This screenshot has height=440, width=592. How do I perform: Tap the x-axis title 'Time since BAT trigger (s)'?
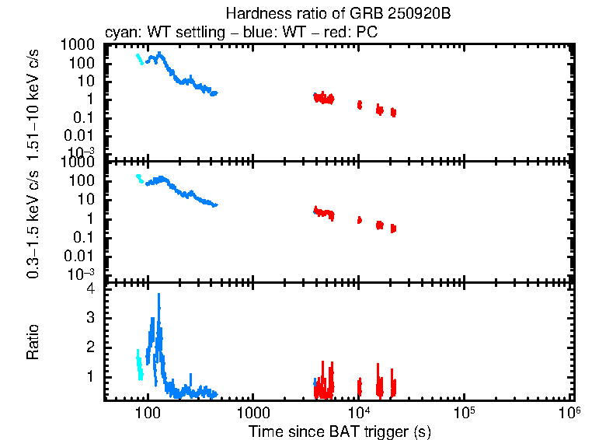[x=339, y=431]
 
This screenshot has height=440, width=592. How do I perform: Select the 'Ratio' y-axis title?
[x=33, y=341]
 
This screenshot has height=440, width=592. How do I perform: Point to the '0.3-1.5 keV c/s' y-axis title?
[x=33, y=225]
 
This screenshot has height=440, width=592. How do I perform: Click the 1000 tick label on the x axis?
[x=252, y=411]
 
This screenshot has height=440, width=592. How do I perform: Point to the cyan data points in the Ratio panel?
[x=139, y=364]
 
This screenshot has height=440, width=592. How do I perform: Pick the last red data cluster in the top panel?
[x=393, y=112]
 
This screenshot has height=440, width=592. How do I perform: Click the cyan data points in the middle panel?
[x=139, y=180]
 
